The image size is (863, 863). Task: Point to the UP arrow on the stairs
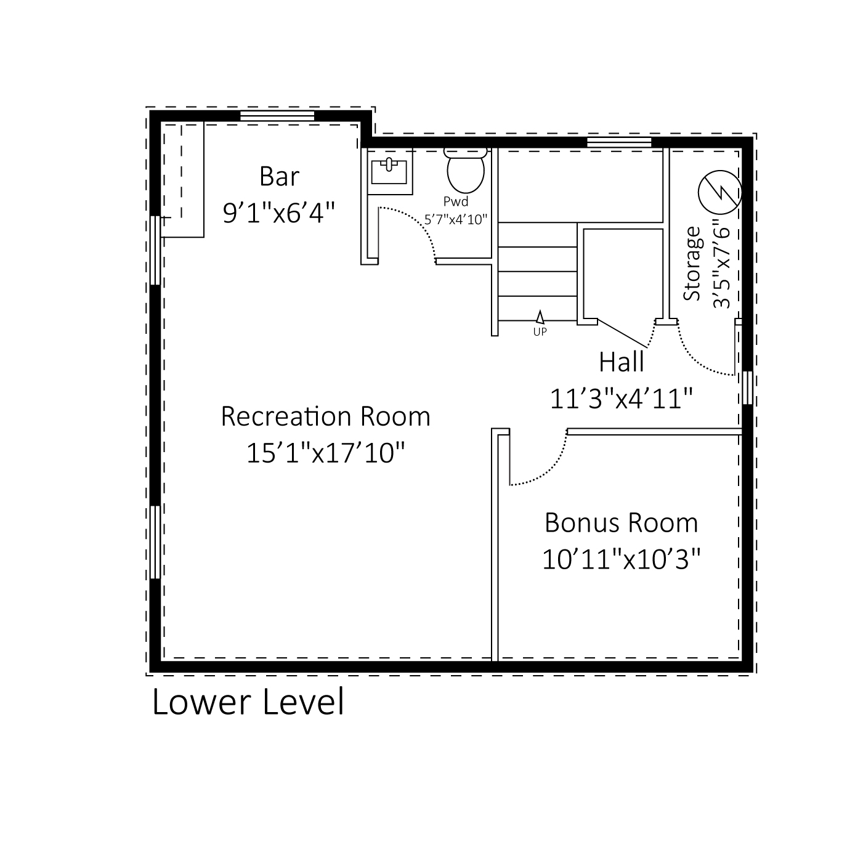(540, 318)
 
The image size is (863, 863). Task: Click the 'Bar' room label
(279, 177)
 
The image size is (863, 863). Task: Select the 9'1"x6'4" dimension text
(279, 213)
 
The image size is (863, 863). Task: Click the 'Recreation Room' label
(325, 416)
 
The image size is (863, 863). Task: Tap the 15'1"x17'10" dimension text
(325, 453)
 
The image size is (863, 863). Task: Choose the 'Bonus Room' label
(621, 523)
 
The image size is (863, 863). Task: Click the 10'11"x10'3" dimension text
(621, 560)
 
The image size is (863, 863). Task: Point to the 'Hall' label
(621, 362)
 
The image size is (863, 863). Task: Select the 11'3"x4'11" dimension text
(621, 399)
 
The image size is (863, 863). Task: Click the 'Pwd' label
(456, 201)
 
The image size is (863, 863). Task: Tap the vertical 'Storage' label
(693, 264)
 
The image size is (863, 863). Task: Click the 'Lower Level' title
(248, 702)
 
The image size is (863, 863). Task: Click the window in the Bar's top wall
(277, 115)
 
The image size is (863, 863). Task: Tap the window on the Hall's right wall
(747, 387)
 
